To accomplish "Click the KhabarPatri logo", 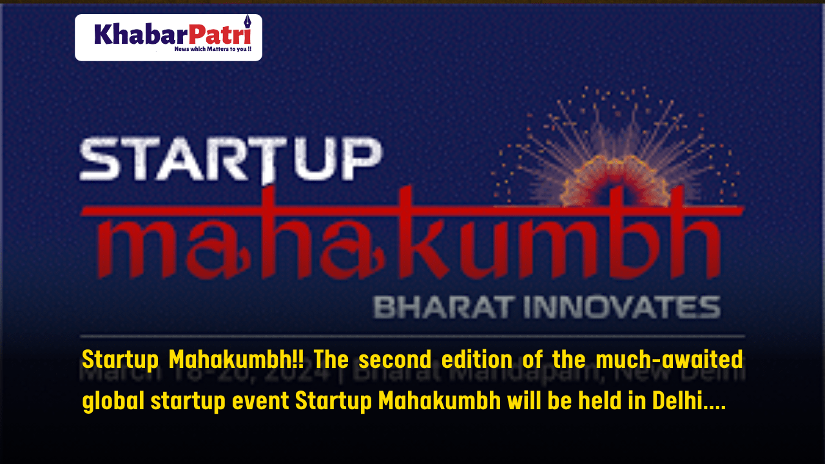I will (168, 37).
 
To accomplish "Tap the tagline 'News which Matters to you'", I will (213, 49).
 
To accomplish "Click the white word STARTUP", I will (230, 160).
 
